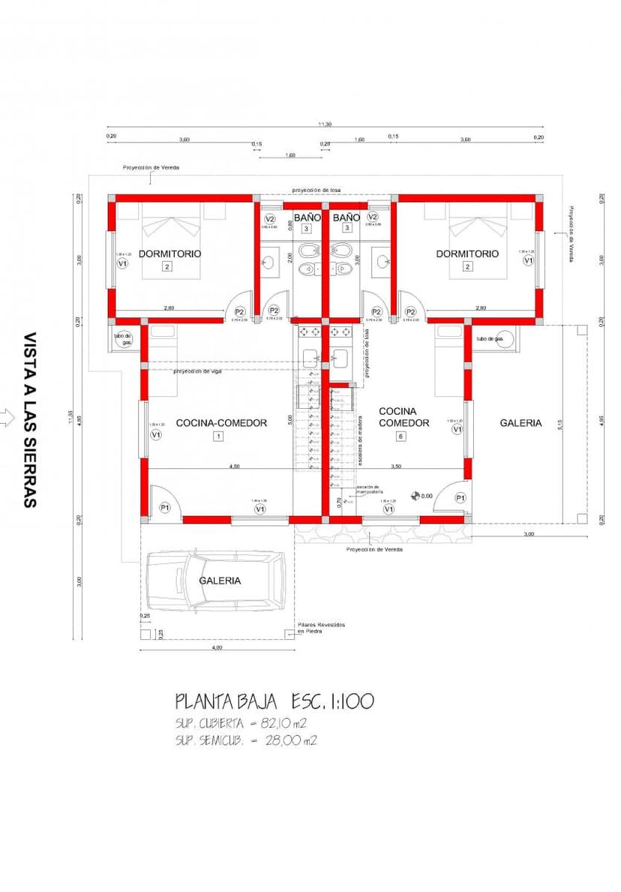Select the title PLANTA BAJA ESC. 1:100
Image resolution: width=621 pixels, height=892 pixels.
click(x=274, y=702)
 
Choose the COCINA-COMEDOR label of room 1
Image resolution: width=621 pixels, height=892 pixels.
click(x=221, y=423)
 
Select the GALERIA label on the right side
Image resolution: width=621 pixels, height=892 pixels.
click(x=520, y=423)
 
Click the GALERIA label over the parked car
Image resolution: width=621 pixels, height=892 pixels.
click(x=220, y=581)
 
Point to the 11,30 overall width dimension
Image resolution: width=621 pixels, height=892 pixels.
click(x=325, y=125)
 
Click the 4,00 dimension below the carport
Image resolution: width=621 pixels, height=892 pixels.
click(x=217, y=647)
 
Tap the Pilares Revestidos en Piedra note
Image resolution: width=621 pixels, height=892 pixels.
click(x=321, y=628)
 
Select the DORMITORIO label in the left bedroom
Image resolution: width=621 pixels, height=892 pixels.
click(x=169, y=254)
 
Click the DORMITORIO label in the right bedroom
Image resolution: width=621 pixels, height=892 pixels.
click(x=467, y=254)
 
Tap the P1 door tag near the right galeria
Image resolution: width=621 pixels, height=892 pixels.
click(x=460, y=498)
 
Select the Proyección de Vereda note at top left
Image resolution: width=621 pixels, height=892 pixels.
click(x=151, y=168)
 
